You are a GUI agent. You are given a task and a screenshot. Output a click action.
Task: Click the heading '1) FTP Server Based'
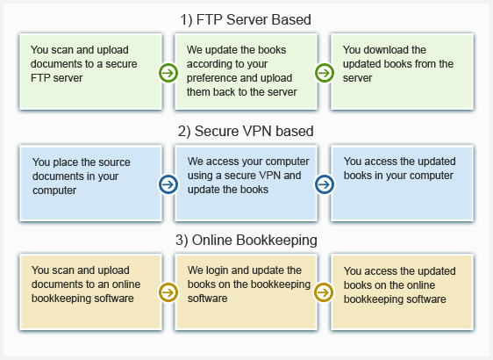click(246, 19)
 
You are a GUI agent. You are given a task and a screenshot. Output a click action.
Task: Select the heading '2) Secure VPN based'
click(246, 131)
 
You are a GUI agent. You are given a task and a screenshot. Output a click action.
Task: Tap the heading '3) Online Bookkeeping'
click(246, 240)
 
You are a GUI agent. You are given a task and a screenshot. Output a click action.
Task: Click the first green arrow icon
click(168, 73)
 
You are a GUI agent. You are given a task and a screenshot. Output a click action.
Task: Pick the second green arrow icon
click(325, 73)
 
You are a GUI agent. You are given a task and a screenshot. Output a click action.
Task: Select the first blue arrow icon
click(168, 184)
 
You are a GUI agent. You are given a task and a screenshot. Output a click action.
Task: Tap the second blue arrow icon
click(325, 184)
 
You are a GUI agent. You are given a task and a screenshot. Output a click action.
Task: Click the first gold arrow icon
click(168, 292)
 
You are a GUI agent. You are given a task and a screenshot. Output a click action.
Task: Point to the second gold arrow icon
click(324, 292)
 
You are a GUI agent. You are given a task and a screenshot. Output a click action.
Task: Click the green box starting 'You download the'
click(402, 72)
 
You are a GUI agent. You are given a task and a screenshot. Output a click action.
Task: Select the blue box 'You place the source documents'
click(91, 184)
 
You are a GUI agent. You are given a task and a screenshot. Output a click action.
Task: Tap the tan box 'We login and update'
click(246, 292)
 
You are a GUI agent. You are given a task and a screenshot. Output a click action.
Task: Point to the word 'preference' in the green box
click(212, 78)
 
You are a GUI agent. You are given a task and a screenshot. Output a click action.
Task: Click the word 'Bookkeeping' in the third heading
click(276, 241)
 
